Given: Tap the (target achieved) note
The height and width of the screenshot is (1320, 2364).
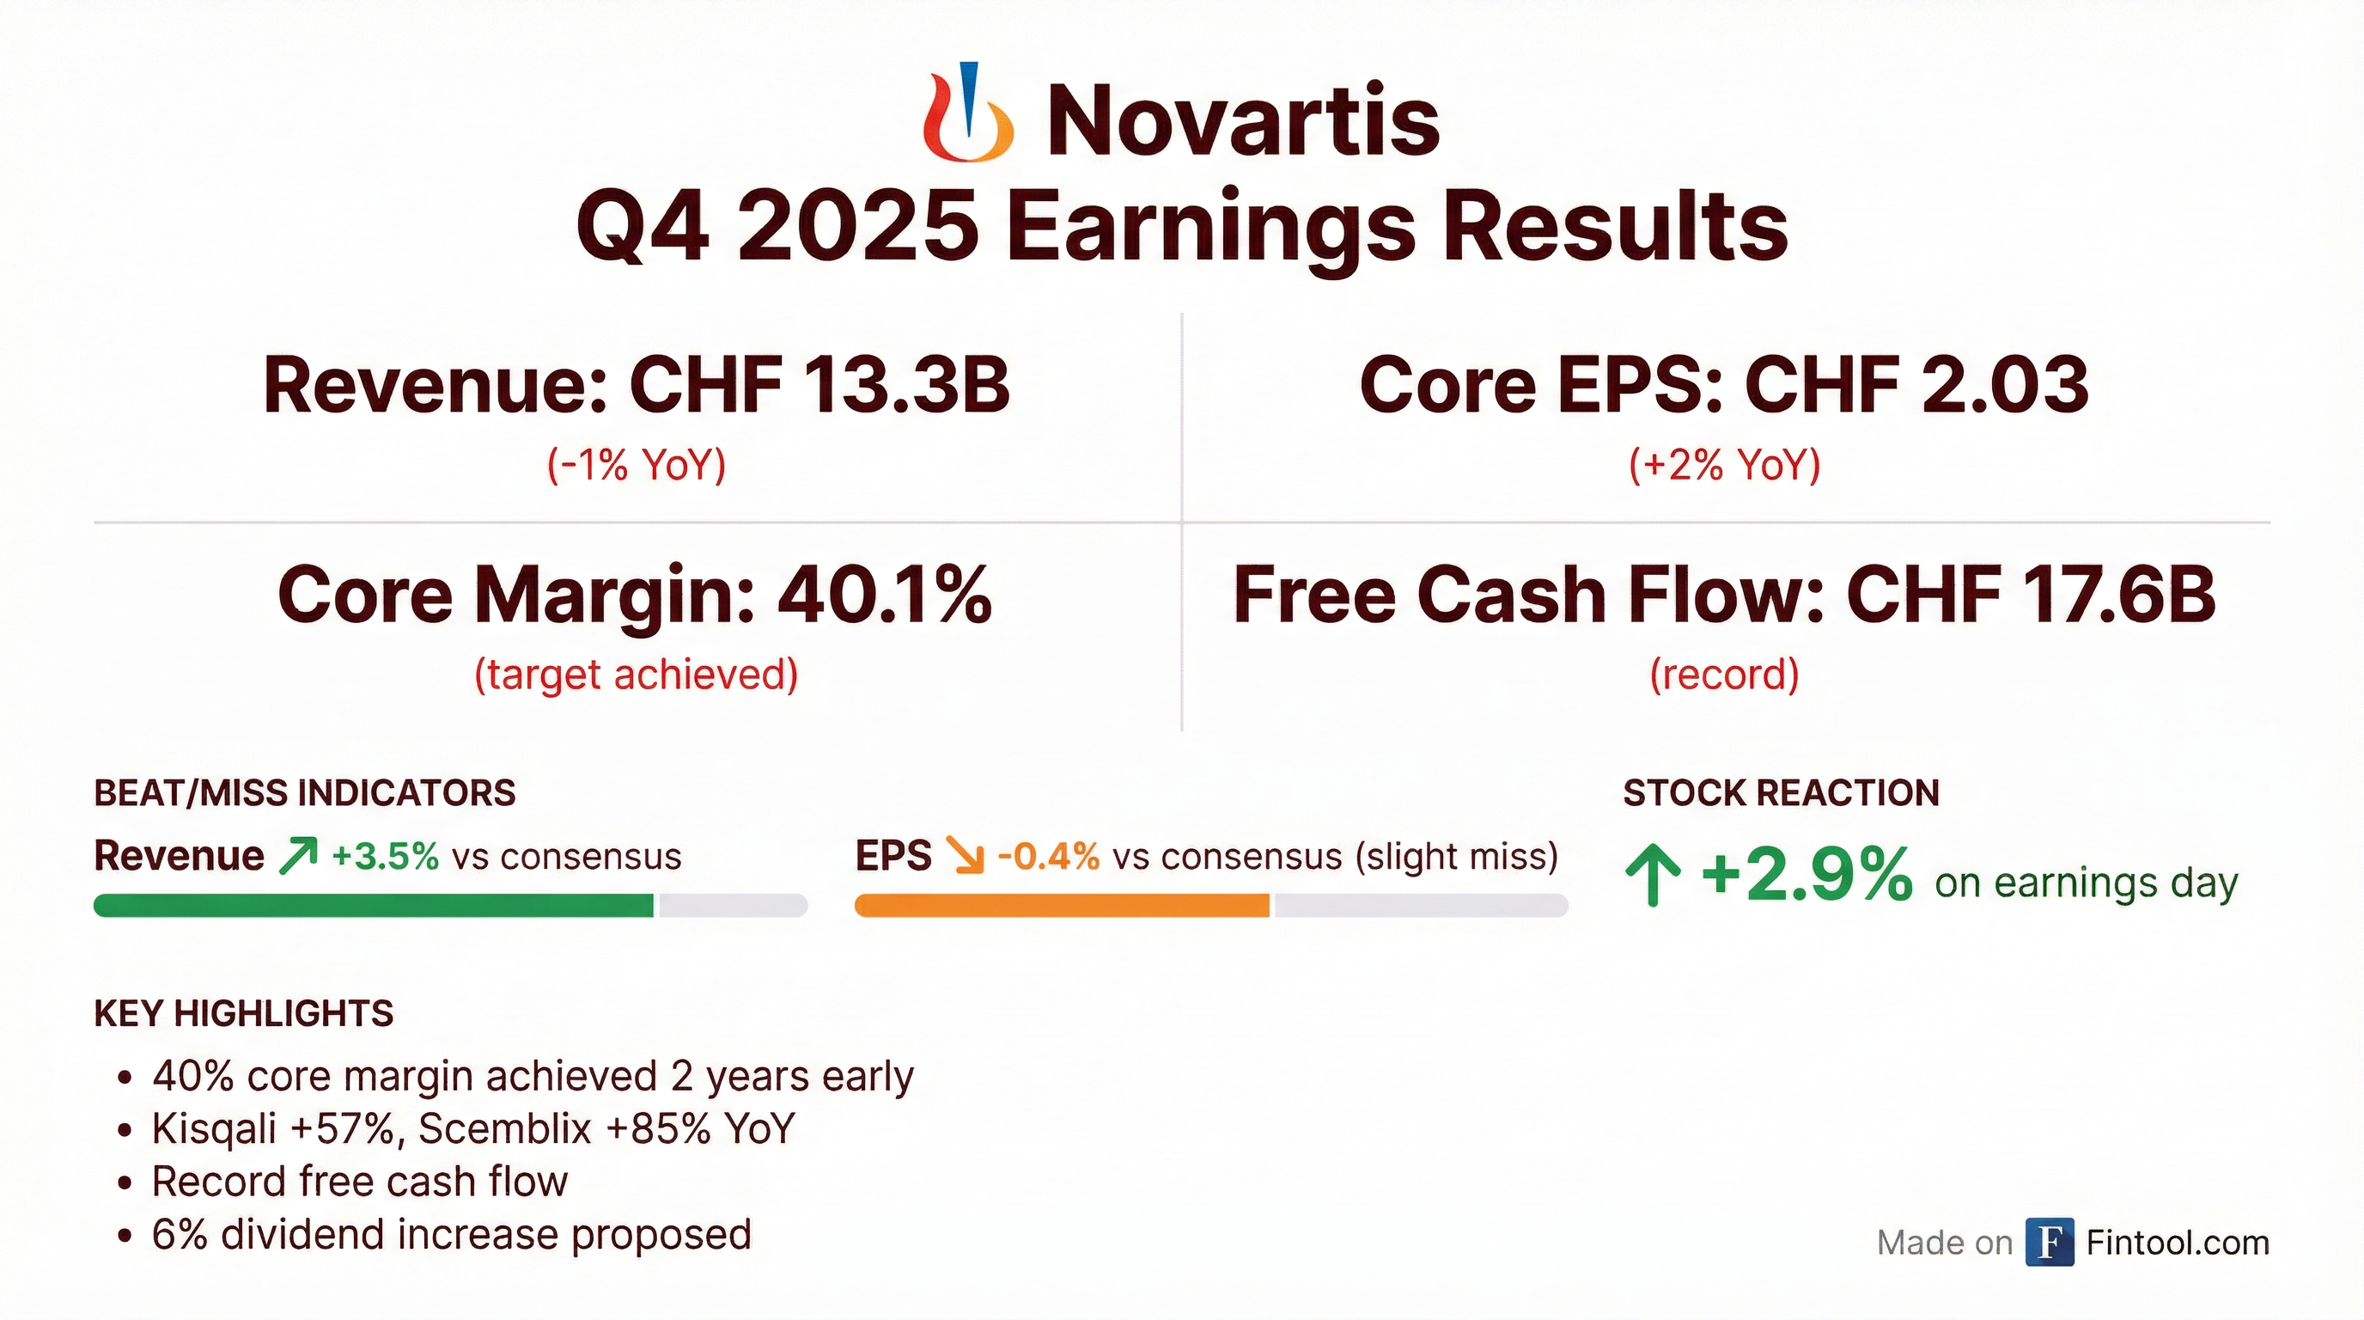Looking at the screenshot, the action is click(x=636, y=675).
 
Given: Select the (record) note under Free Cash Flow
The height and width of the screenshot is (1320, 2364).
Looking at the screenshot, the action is click(x=1724, y=675).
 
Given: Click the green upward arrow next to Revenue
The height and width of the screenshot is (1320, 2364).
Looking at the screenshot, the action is click(x=298, y=856).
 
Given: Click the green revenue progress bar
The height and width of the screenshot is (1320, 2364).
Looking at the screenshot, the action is click(x=374, y=905).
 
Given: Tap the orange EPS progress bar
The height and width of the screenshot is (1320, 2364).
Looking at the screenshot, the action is click(x=1062, y=905).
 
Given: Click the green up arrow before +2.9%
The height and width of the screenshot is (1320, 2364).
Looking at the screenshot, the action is click(x=1653, y=877).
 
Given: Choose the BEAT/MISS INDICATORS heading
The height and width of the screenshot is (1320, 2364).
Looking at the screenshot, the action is click(x=305, y=793).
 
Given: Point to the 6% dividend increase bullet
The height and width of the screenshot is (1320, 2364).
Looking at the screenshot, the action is click(x=435, y=1235).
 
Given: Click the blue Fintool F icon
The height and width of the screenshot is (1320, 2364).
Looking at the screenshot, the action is click(x=2050, y=1243).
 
